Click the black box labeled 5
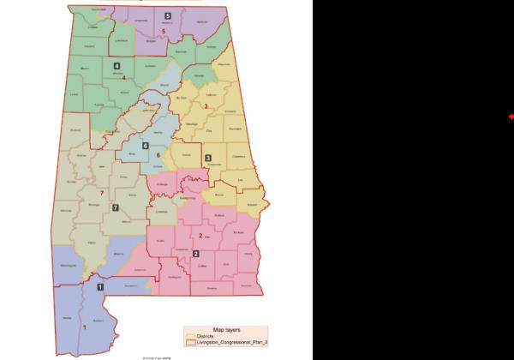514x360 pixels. coord(168,16)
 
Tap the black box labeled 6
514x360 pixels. coord(145,146)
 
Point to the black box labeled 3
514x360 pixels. coord(208,159)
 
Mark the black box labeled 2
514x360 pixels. coord(195,254)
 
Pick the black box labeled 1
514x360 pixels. coord(100,287)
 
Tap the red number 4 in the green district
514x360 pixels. coord(124,78)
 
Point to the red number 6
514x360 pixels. coord(158,155)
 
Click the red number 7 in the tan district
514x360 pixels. coord(101,193)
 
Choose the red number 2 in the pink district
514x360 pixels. coord(200,236)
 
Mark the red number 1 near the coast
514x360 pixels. coord(84,327)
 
